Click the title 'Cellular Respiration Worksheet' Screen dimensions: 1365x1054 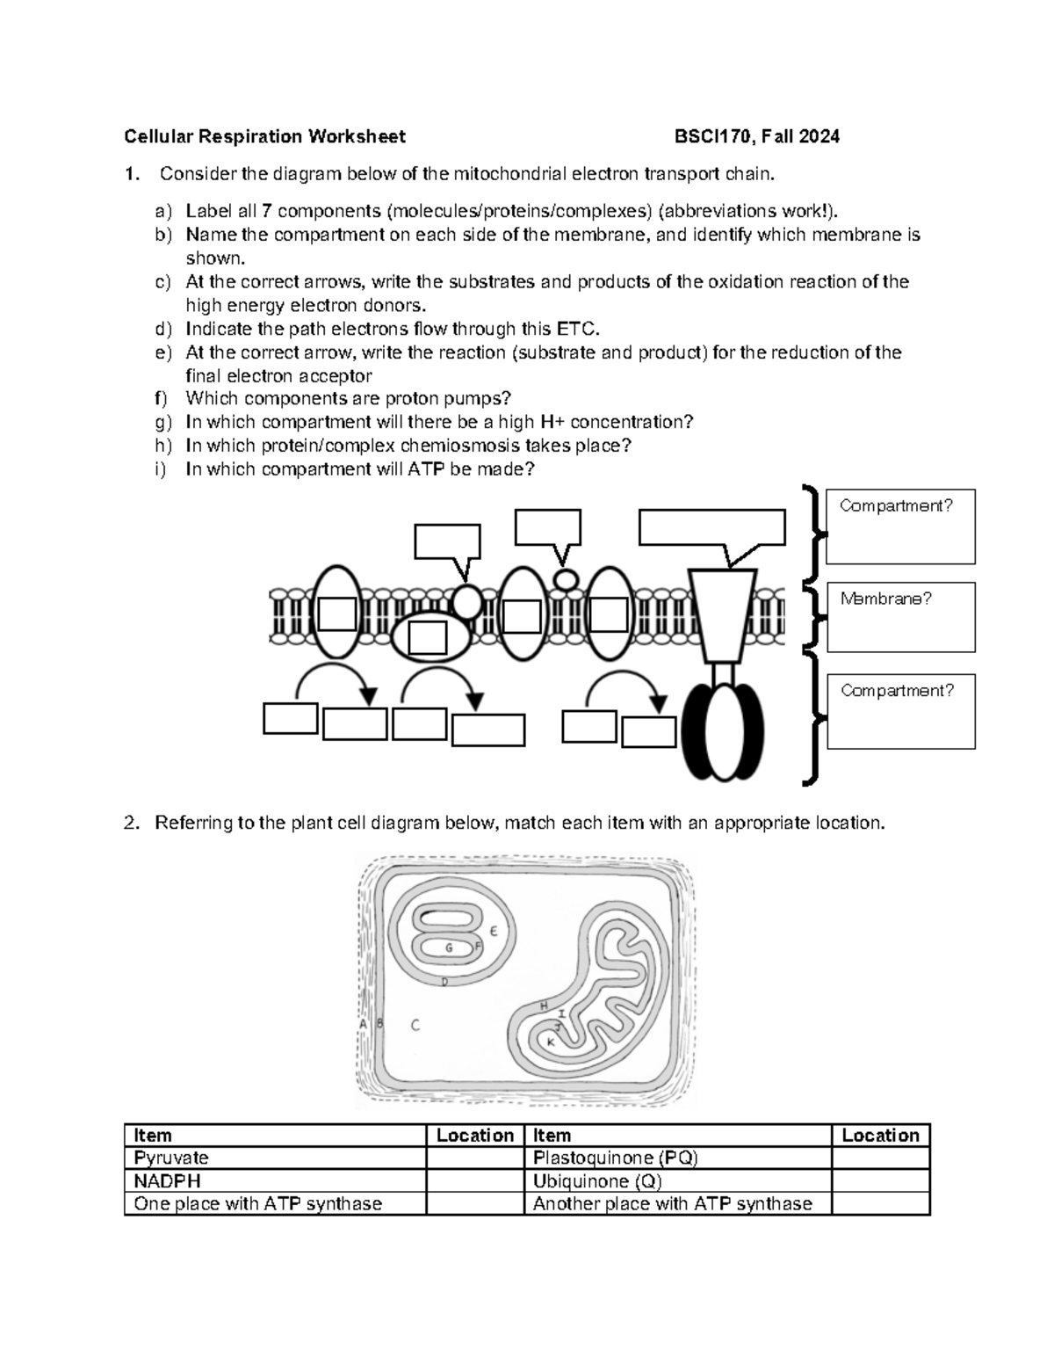click(264, 136)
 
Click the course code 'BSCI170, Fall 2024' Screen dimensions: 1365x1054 click(756, 136)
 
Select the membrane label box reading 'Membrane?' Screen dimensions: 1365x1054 click(900, 617)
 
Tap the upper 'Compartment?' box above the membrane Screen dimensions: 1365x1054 click(900, 526)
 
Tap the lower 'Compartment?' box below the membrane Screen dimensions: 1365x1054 click(900, 712)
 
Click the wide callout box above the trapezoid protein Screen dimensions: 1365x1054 click(711, 527)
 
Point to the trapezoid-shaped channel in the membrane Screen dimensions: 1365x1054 click(722, 615)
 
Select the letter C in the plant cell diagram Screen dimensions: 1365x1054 click(415, 1025)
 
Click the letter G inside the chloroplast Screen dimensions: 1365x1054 click(449, 948)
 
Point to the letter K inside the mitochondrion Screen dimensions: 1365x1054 click(551, 1042)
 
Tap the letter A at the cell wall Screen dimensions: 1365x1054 click(363, 1023)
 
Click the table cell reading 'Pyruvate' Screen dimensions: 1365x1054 click(274, 1158)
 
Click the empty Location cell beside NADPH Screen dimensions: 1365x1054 click(474, 1180)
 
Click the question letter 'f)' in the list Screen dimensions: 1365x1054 click(160, 399)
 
